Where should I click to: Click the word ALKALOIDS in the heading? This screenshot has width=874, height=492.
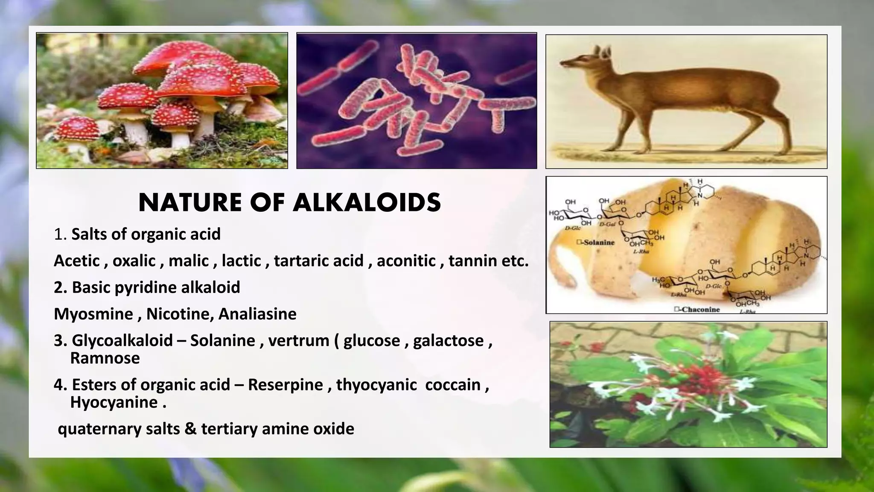coord(367,203)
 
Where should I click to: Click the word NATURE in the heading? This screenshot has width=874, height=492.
coord(190,203)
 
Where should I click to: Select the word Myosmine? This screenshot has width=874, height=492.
coord(93,314)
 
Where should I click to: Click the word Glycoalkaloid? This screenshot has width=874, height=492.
coord(122,340)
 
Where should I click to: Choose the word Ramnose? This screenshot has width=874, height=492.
coord(105,358)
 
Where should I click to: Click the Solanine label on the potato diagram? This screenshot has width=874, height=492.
coord(598,243)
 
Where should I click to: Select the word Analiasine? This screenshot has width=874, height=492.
coord(257,314)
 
